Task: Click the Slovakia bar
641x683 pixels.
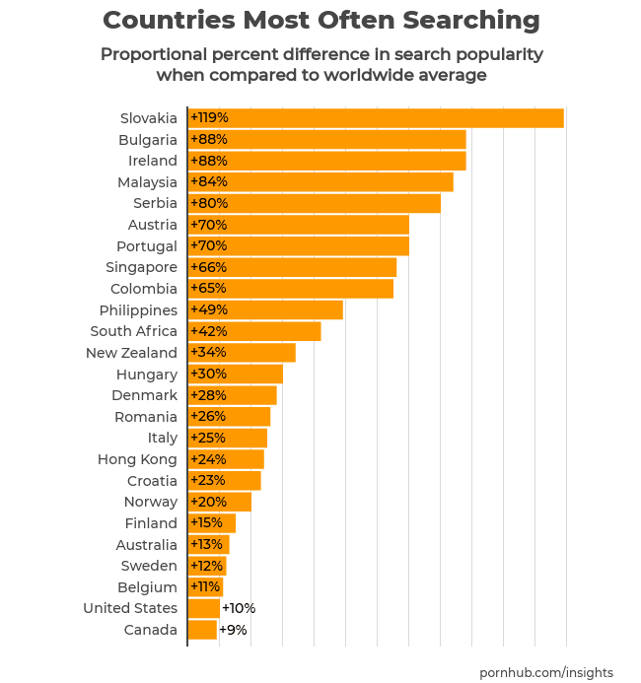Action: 376,118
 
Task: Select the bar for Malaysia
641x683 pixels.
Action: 320,182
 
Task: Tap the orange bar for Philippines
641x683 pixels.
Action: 265,310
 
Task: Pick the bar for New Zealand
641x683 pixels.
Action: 242,353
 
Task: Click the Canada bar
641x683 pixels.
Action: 202,630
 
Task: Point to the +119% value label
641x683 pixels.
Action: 209,118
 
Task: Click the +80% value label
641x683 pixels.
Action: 209,203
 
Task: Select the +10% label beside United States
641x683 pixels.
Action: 239,608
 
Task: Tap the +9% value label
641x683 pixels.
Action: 233,630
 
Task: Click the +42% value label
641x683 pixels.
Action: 209,331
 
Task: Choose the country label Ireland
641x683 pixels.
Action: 153,161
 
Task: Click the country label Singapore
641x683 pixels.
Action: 141,267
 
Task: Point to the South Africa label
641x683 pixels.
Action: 133,331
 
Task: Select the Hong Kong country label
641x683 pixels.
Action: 137,459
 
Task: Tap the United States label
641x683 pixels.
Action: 130,608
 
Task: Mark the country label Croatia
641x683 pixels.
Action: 152,481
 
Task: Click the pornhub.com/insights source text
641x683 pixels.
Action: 546,672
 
